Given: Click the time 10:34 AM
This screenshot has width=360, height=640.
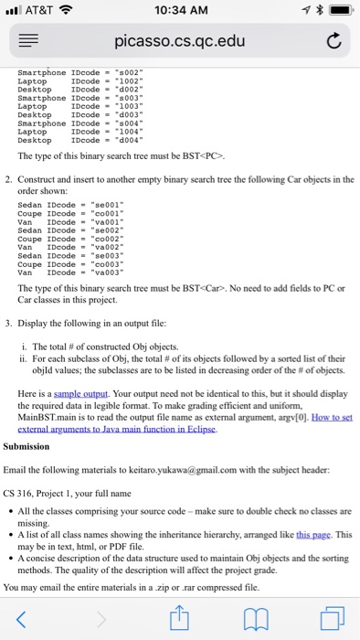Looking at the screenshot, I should click(x=179, y=12).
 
